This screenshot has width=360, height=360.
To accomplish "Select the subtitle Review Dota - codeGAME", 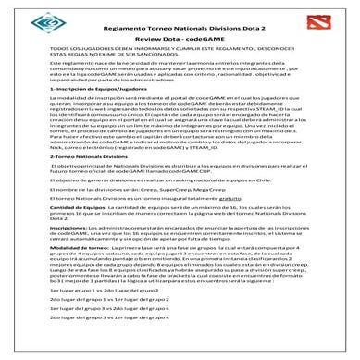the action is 180,42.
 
